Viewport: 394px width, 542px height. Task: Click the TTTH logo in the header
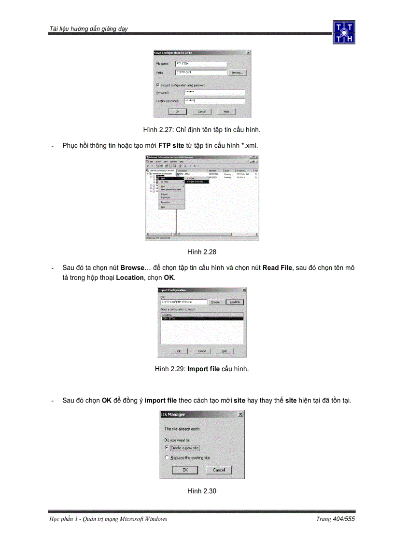click(344, 32)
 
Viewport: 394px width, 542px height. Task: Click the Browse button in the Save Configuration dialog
click(237, 72)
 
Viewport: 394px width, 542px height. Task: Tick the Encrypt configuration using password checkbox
click(158, 85)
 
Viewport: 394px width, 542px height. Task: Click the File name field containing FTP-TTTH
click(200, 64)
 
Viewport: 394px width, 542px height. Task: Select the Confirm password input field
click(214, 101)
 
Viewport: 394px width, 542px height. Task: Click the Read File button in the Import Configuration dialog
click(235, 302)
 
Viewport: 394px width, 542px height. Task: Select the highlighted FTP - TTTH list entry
click(202, 319)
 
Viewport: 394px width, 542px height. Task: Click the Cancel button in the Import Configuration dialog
click(202, 351)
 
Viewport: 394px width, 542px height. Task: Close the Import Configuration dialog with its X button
click(244, 290)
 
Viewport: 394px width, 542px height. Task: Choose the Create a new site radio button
click(167, 448)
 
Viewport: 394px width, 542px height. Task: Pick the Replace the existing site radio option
click(167, 458)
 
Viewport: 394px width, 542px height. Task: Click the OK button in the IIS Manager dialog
click(186, 470)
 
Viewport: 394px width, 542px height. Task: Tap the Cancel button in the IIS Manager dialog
click(219, 470)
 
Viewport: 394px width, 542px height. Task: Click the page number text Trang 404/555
click(335, 519)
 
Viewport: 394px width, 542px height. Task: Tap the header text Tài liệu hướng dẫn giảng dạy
click(88, 29)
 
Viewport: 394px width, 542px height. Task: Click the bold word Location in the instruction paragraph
click(130, 278)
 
